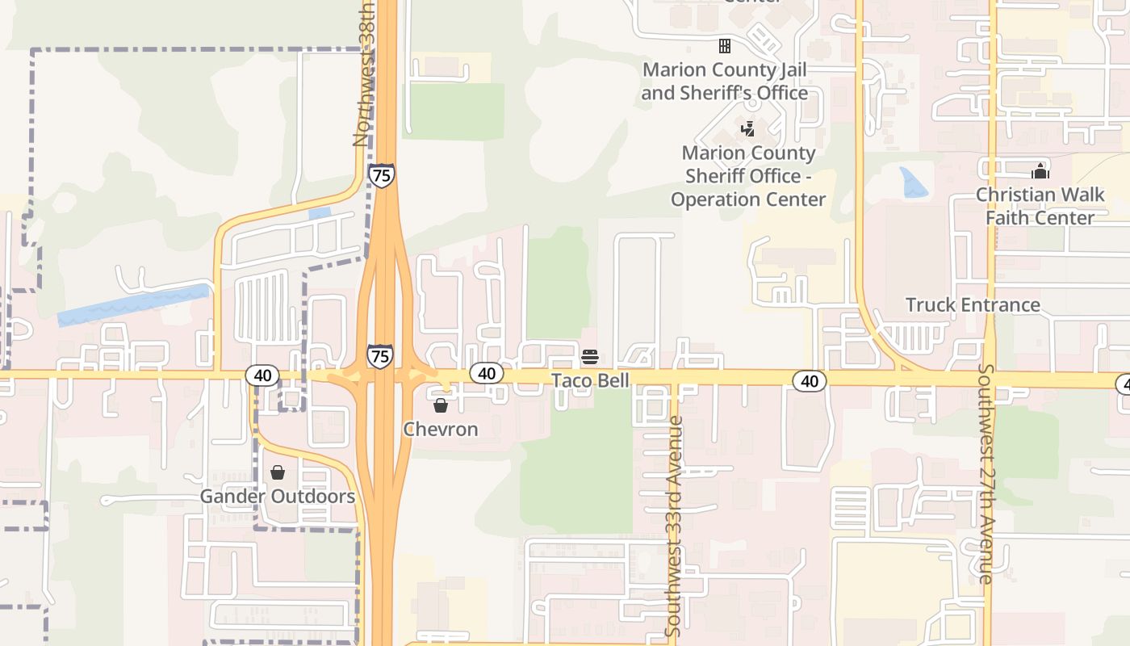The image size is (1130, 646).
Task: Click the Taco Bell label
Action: [x=590, y=380]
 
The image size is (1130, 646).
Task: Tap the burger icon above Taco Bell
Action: [x=590, y=357]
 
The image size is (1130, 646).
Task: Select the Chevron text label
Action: [x=441, y=429]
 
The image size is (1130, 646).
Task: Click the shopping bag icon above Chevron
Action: [x=441, y=405]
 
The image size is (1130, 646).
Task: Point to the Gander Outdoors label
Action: [x=277, y=496]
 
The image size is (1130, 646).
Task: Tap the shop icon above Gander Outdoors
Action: [x=278, y=472]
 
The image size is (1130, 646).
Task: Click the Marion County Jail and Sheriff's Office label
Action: [x=725, y=81]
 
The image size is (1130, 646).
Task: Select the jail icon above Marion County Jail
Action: [x=725, y=46]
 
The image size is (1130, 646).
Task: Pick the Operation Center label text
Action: [x=748, y=176]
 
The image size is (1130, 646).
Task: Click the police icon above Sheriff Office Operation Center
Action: [x=748, y=128]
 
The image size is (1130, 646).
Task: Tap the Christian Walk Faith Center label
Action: [x=1040, y=206]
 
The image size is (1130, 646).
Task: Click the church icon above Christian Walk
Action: [x=1040, y=171]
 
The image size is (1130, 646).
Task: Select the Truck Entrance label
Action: [x=973, y=305]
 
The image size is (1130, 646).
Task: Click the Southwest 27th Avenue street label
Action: [x=986, y=473]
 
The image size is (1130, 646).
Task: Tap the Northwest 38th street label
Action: [x=363, y=74]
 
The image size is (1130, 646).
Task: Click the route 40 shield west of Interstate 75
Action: [x=262, y=375]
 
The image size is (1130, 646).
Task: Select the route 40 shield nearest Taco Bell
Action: [x=486, y=373]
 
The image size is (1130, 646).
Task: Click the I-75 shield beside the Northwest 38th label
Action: [x=382, y=174]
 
